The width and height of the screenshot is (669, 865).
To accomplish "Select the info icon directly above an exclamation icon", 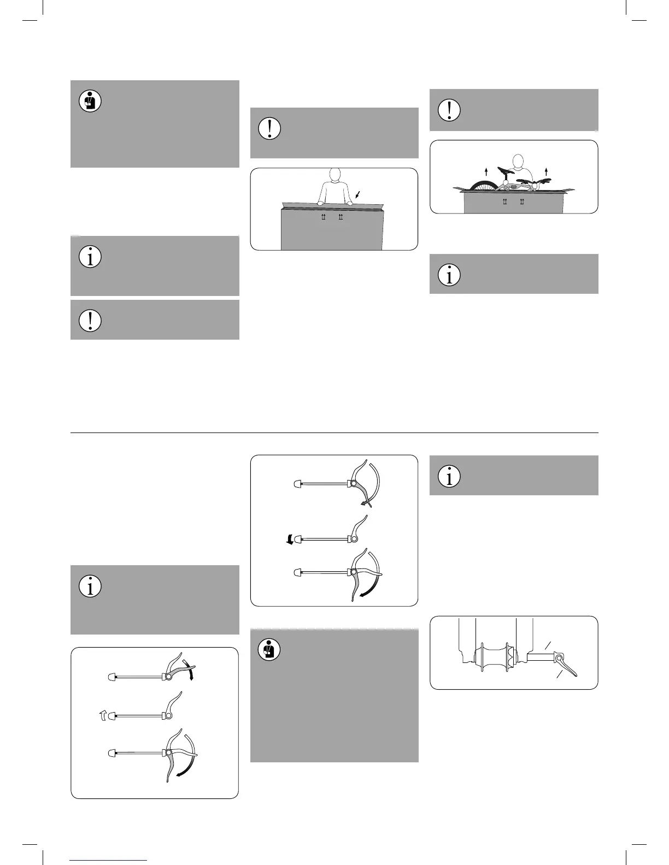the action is pyautogui.click(x=90, y=257).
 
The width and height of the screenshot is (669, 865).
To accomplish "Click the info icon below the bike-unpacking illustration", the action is pyautogui.click(x=449, y=275).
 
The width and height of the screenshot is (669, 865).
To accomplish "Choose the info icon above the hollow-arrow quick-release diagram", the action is pyautogui.click(x=90, y=586).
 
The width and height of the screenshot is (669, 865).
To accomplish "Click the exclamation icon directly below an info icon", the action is pyautogui.click(x=90, y=321).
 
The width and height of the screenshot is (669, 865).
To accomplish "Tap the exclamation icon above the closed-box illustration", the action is pyautogui.click(x=269, y=128).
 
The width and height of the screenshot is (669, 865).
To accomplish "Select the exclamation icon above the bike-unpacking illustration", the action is pyautogui.click(x=449, y=110).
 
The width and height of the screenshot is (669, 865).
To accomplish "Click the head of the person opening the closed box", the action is pyautogui.click(x=334, y=176).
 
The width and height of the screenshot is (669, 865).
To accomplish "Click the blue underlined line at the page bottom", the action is pyautogui.click(x=108, y=861).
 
